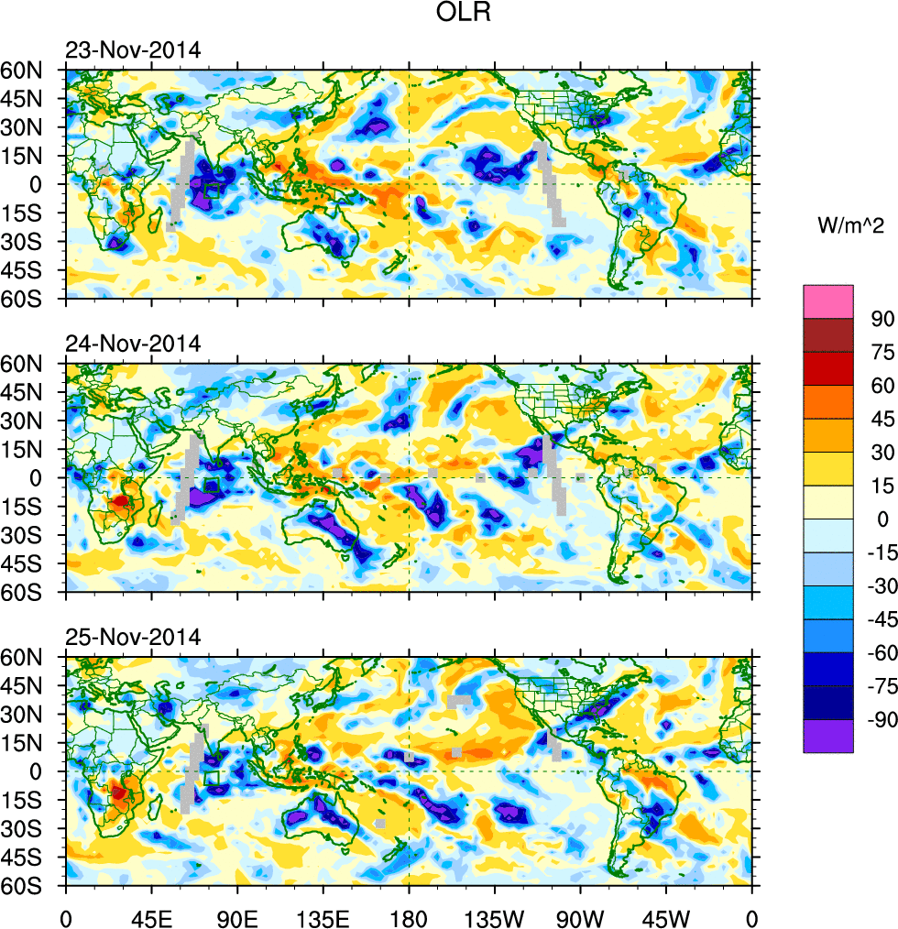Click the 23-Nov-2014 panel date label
(132, 49)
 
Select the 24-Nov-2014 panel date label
(132, 344)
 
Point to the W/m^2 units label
(850, 224)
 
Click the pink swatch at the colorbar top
(828, 301)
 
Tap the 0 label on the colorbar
(882, 519)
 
